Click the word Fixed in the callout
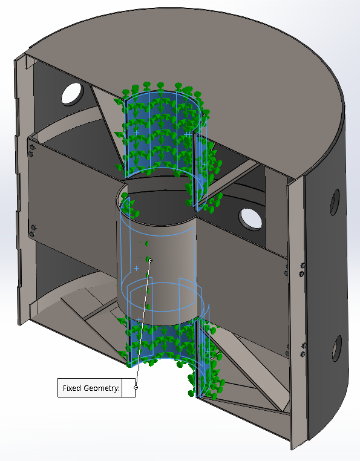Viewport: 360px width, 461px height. point(73,388)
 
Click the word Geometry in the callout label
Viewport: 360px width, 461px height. point(101,388)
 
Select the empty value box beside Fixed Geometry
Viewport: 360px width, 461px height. point(128,388)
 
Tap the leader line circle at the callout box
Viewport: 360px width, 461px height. point(136,388)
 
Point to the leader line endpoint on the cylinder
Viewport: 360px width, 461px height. point(151,260)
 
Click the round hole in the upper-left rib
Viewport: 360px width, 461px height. point(73,94)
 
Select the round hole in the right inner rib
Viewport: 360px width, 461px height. point(250,219)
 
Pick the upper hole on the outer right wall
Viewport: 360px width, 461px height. point(335,202)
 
